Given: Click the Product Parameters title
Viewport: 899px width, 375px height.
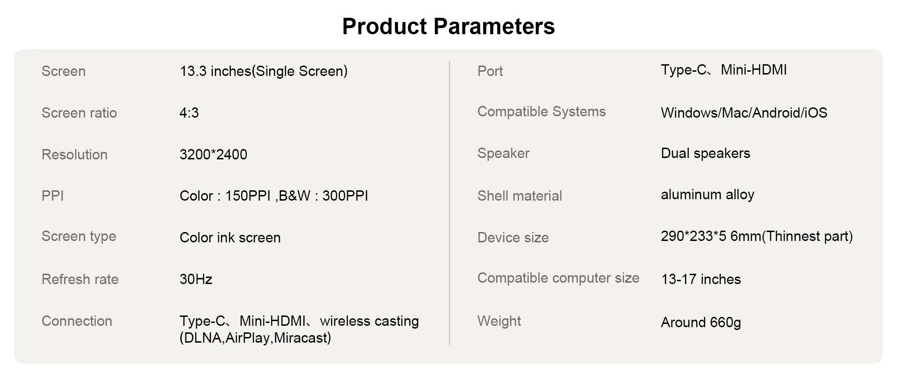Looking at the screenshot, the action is (449, 26).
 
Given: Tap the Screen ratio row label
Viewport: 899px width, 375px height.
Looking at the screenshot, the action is (79, 113).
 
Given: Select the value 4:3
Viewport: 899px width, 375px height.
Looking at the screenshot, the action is (189, 113).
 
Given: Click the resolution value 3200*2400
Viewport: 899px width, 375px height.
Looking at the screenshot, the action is (214, 155).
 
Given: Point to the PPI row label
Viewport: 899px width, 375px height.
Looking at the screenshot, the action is (52, 196).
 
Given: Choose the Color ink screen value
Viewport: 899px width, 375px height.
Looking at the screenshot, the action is (230, 238).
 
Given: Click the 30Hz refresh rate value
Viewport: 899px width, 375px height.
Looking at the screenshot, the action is (196, 279).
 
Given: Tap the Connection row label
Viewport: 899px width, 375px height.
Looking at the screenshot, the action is (77, 321).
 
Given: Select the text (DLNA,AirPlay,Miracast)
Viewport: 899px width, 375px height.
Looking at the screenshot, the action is (255, 338).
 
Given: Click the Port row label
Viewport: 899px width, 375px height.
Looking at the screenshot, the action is (490, 71).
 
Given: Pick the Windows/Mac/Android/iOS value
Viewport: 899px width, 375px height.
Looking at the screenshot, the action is (744, 113).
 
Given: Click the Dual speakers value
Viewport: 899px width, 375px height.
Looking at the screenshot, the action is (706, 153).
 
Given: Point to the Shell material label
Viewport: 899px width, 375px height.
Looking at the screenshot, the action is (520, 196).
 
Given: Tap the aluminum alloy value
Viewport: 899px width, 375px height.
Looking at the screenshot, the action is (707, 195).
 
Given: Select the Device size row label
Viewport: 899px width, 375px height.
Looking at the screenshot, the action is (513, 238).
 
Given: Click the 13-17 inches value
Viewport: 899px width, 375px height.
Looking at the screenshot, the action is (701, 279).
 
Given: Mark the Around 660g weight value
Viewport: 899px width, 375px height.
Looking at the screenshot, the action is (701, 322).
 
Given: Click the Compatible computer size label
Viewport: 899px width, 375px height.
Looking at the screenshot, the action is (559, 278).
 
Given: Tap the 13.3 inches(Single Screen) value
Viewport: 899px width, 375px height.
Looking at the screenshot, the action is (264, 71).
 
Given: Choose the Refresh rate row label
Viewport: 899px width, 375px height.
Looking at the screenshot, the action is (80, 279).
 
